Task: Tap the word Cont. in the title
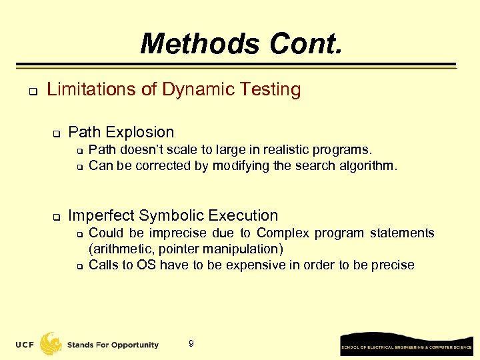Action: coord(305,45)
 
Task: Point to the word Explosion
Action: coord(143,132)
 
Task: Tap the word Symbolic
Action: coord(171,215)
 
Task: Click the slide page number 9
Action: coord(191,344)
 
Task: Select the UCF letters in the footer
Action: coord(26,345)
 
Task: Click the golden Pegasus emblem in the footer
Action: coord(51,343)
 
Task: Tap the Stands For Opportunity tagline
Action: coord(113,345)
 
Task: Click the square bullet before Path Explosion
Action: coord(57,133)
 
